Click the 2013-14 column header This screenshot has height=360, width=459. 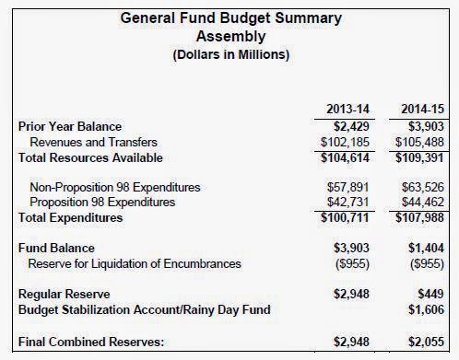point(347,109)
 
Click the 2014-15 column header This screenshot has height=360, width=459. point(422,109)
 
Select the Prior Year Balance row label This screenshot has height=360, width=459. point(70,126)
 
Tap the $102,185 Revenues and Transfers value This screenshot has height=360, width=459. point(345,142)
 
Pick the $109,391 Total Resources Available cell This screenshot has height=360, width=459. point(419,157)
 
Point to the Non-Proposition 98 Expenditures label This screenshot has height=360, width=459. point(115,187)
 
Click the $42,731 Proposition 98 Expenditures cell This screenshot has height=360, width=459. point(347,202)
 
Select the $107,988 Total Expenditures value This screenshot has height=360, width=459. point(419,217)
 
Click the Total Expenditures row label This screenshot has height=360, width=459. point(71,217)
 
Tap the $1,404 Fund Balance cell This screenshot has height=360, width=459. point(426,248)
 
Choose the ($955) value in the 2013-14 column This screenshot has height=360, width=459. point(352,263)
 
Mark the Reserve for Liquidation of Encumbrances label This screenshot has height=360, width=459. point(135,263)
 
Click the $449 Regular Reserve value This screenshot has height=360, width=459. point(430,294)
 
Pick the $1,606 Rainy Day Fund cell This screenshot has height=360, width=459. point(426,309)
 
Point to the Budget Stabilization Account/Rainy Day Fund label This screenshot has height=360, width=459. point(145,309)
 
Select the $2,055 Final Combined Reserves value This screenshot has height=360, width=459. point(426,342)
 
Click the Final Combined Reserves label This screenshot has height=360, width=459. point(91,342)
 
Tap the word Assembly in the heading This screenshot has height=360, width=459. point(231,36)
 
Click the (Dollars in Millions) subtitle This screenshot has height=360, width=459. point(231,54)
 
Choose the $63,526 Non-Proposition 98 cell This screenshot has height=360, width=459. point(423,187)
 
